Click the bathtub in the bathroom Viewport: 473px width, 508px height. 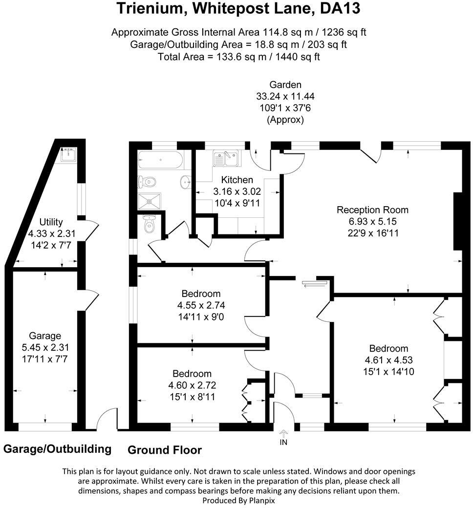click(x=160, y=159)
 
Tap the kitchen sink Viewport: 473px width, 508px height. click(x=225, y=158)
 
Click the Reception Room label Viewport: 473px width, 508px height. click(x=372, y=210)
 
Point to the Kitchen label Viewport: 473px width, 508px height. click(x=237, y=180)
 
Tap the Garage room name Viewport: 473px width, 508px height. click(x=45, y=336)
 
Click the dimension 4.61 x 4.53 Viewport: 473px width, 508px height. click(x=388, y=360)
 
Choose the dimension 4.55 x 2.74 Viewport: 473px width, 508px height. click(x=201, y=306)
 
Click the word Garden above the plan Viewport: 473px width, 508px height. click(x=285, y=85)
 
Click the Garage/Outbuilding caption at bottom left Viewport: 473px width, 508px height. click(x=57, y=448)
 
